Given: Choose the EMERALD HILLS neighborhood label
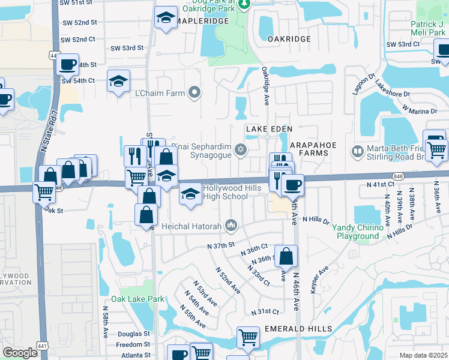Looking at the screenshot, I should coord(297,329).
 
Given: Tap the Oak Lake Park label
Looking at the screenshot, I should coord(137,299).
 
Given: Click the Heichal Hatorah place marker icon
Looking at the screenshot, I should coord(231,226).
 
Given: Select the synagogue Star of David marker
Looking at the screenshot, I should coord(241,149).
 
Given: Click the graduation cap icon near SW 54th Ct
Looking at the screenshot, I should coord(118,82).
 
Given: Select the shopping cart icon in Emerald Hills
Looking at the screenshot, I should coord(247,337).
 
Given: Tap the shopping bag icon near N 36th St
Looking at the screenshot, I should coord(286,256).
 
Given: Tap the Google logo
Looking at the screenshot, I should coord(20,353).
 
